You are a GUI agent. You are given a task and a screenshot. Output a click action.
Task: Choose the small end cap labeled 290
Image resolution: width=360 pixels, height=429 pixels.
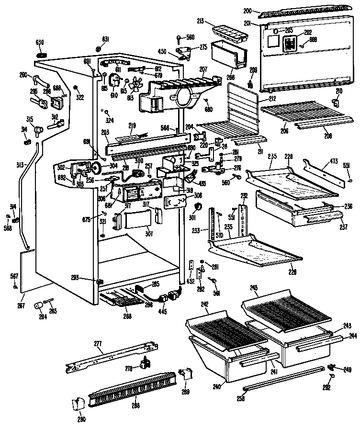(77, 406)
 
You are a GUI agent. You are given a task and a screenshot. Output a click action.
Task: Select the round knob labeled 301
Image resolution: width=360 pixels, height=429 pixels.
(196, 207)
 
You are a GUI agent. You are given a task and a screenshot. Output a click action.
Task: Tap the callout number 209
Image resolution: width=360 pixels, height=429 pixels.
(253, 70)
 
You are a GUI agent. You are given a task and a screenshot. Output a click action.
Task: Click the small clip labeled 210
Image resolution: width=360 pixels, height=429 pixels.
(336, 102)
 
